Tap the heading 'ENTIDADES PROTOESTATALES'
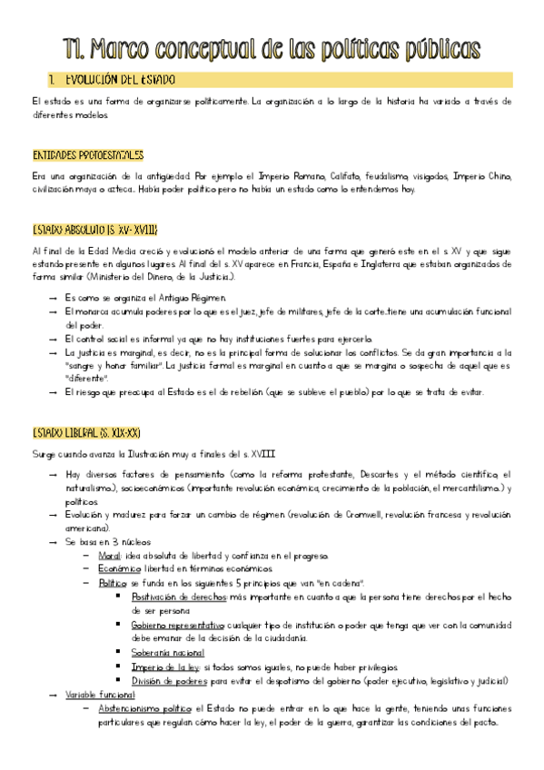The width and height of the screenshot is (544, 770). point(87,155)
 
